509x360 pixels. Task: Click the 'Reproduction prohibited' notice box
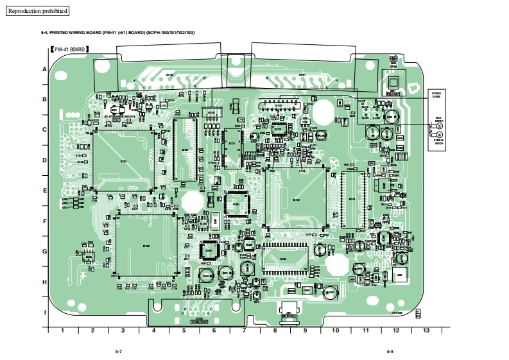(x=37, y=11)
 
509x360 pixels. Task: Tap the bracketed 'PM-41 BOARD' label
(x=69, y=49)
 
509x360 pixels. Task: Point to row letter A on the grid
(x=44, y=69)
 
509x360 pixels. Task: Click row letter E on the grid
(x=44, y=191)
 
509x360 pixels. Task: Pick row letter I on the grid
(x=44, y=313)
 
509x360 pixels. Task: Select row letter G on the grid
(x=44, y=252)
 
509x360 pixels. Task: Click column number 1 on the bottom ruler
(x=62, y=330)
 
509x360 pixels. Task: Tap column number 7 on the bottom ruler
(x=245, y=330)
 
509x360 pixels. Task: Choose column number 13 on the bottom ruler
(x=426, y=330)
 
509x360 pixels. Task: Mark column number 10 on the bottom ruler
(x=335, y=330)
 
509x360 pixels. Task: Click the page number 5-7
(x=119, y=352)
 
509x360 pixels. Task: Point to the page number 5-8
(x=390, y=352)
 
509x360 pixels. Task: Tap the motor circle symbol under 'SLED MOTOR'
(x=440, y=126)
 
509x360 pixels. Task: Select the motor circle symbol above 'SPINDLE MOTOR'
(x=440, y=135)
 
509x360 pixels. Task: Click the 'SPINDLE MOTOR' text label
(x=439, y=142)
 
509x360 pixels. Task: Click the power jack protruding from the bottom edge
(x=289, y=314)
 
